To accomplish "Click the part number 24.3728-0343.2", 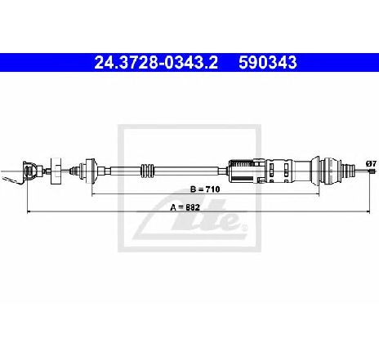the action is click(x=156, y=63).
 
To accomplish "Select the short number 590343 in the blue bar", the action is click(x=268, y=63).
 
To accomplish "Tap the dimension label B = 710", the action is click(x=205, y=189).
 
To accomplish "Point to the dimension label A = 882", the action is click(x=185, y=207).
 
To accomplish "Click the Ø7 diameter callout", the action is click(x=371, y=164).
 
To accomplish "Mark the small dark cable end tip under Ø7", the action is click(x=372, y=171).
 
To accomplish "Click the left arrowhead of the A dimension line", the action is click(x=29, y=211).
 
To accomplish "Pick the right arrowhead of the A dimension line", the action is click(x=368, y=211).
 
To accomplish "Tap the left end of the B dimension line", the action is click(x=92, y=194).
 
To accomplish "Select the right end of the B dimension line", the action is click(x=319, y=194).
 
